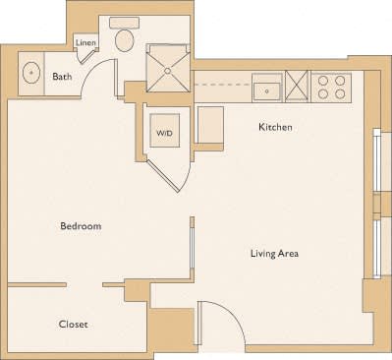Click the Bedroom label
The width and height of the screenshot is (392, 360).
(81, 226)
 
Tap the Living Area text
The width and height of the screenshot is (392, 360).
(274, 254)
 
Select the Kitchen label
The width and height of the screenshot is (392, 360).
(275, 127)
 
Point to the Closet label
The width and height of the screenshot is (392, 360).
(74, 324)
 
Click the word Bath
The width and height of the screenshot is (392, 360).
(62, 77)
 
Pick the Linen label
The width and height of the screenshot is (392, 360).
(85, 42)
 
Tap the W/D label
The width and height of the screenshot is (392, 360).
(164, 132)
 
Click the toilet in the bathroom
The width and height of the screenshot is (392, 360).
(124, 39)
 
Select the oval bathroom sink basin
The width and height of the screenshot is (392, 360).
(31, 72)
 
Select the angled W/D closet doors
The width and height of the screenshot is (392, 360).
(171, 176)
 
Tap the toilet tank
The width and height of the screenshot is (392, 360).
(124, 22)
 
